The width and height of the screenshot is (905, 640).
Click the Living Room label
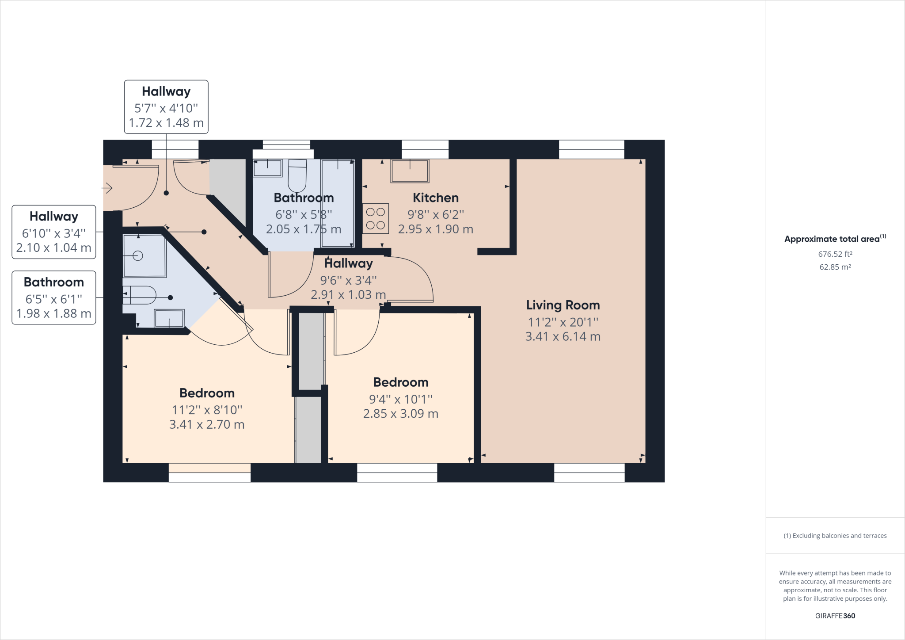tap(563, 305)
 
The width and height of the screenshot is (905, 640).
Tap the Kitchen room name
tap(435, 198)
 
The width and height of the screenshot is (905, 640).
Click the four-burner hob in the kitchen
tap(376, 218)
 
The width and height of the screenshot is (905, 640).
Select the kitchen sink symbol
tap(410, 171)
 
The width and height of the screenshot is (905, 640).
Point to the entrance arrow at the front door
tap(107, 188)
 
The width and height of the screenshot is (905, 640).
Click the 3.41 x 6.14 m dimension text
tap(563, 336)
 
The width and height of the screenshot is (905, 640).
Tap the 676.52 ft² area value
tap(835, 254)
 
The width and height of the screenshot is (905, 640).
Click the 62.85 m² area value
tap(835, 267)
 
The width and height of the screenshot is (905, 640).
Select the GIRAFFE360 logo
tap(835, 616)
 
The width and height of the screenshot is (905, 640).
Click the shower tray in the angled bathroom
tap(144, 256)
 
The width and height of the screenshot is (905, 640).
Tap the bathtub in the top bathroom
tap(338, 204)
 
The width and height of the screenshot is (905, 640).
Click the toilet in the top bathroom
tap(297, 175)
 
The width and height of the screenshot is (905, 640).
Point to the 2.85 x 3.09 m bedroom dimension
tap(400, 414)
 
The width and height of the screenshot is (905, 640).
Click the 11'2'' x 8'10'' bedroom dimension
tap(207, 410)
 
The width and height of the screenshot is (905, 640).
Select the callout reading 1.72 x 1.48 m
tap(166, 123)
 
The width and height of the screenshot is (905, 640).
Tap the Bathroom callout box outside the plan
tap(54, 297)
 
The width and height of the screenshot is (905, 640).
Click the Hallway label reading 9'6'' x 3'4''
tap(348, 280)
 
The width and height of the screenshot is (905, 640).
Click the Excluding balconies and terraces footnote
tap(835, 536)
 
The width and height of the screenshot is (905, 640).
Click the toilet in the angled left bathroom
tap(140, 295)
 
